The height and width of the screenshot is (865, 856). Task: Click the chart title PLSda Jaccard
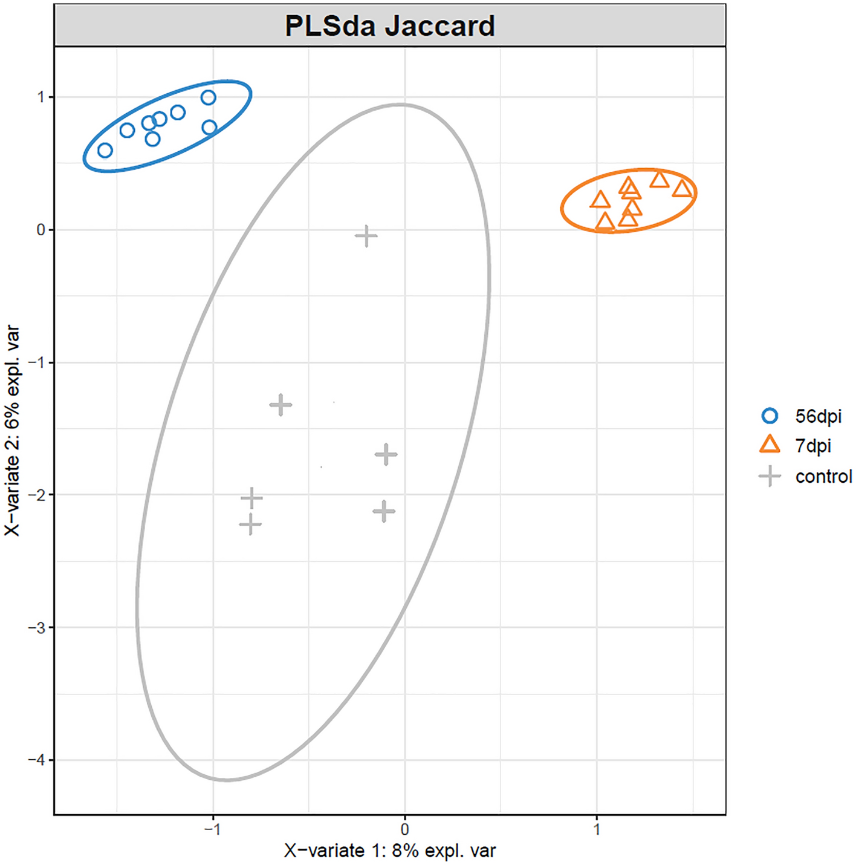point(390,26)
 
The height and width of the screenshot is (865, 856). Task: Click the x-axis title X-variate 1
point(390,850)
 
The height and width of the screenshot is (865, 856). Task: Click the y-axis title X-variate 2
point(13,430)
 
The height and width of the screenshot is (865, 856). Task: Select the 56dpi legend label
point(818,416)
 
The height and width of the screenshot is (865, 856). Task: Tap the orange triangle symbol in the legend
point(770,445)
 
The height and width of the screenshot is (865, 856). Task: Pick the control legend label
point(823,477)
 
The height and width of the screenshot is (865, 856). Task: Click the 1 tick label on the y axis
point(41,97)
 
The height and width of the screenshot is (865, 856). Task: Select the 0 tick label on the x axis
point(404,829)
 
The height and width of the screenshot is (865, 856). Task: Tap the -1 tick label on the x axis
point(212,829)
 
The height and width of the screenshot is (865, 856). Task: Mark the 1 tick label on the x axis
point(597,829)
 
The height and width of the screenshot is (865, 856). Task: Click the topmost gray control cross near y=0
point(366,236)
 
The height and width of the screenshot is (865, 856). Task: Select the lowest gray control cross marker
point(250,524)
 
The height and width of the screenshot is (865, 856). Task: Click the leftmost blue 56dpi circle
point(105,150)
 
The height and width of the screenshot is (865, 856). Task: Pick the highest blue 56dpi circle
point(208,97)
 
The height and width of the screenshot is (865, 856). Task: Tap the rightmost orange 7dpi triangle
point(682,189)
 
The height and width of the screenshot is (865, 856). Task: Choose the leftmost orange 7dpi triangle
point(600,200)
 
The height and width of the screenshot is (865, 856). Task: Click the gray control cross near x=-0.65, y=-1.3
point(280,405)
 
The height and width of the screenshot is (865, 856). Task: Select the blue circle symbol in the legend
point(770,416)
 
